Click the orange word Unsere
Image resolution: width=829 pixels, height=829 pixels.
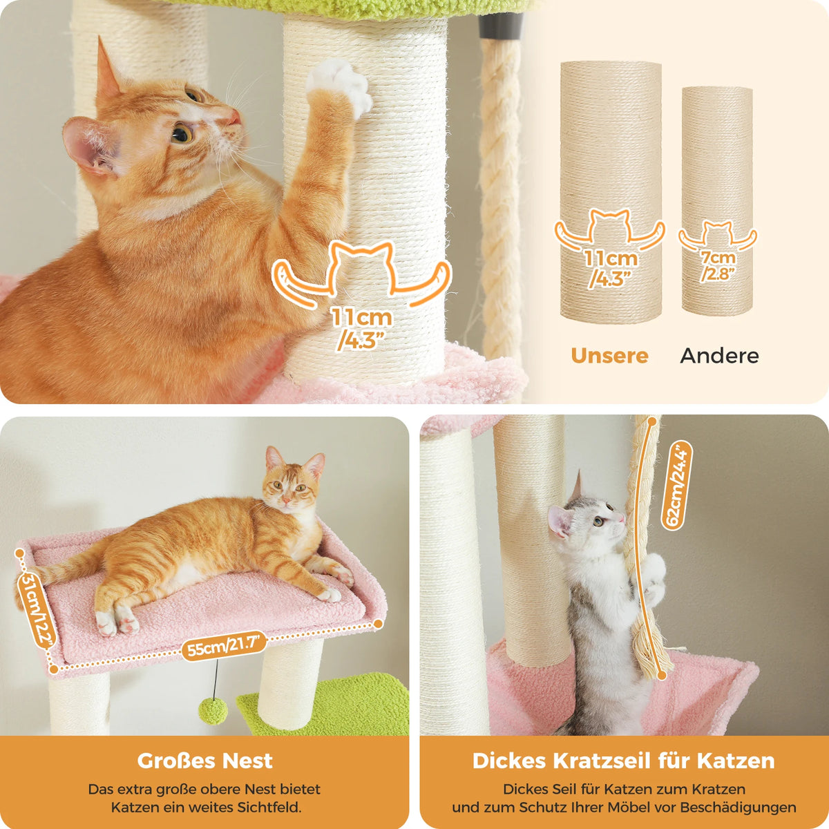pyautogui.click(x=609, y=356)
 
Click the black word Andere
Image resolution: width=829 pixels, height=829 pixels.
pyautogui.click(x=719, y=356)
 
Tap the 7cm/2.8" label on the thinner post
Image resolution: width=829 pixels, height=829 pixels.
pyautogui.click(x=718, y=265)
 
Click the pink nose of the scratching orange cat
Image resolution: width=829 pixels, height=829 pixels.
pyautogui.click(x=235, y=116)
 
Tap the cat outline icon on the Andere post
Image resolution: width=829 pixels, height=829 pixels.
pyautogui.click(x=717, y=236)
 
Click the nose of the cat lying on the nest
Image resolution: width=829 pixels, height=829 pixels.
pyautogui.click(x=286, y=501)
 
